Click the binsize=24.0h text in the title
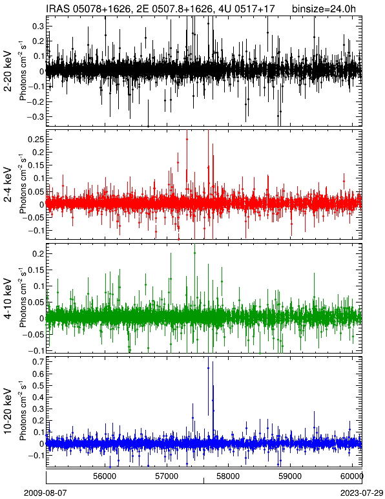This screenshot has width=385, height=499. tap(324, 8)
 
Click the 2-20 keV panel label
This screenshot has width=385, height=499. tap(8, 71)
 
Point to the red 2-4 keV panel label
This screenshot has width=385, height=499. tap(8, 185)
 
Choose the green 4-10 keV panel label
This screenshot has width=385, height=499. tap(8, 299)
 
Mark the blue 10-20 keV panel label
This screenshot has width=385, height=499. tap(8, 411)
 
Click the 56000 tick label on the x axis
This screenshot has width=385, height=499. tap(105, 476)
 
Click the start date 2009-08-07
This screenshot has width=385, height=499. tap(45, 493)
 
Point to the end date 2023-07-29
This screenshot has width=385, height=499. tap(362, 493)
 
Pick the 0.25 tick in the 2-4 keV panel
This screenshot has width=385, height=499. tap(36, 139)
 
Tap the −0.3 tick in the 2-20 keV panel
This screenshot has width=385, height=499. tap(36, 116)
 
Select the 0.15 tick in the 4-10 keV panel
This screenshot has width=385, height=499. tap(36, 270)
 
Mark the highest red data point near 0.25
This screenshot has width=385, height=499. tap(187, 139)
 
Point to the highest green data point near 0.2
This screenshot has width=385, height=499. tap(194, 253)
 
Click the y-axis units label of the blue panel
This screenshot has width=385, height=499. tap(23, 411)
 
